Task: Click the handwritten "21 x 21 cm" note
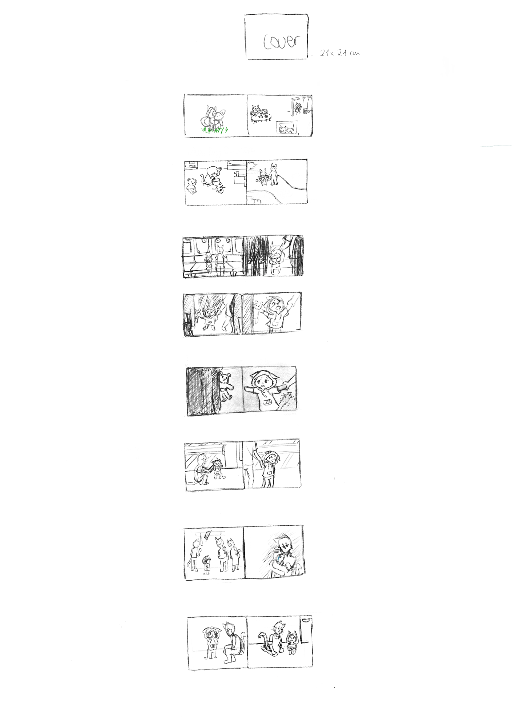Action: click(x=340, y=53)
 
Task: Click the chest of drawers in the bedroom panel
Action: click(x=191, y=164)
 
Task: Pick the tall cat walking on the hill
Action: click(x=273, y=174)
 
